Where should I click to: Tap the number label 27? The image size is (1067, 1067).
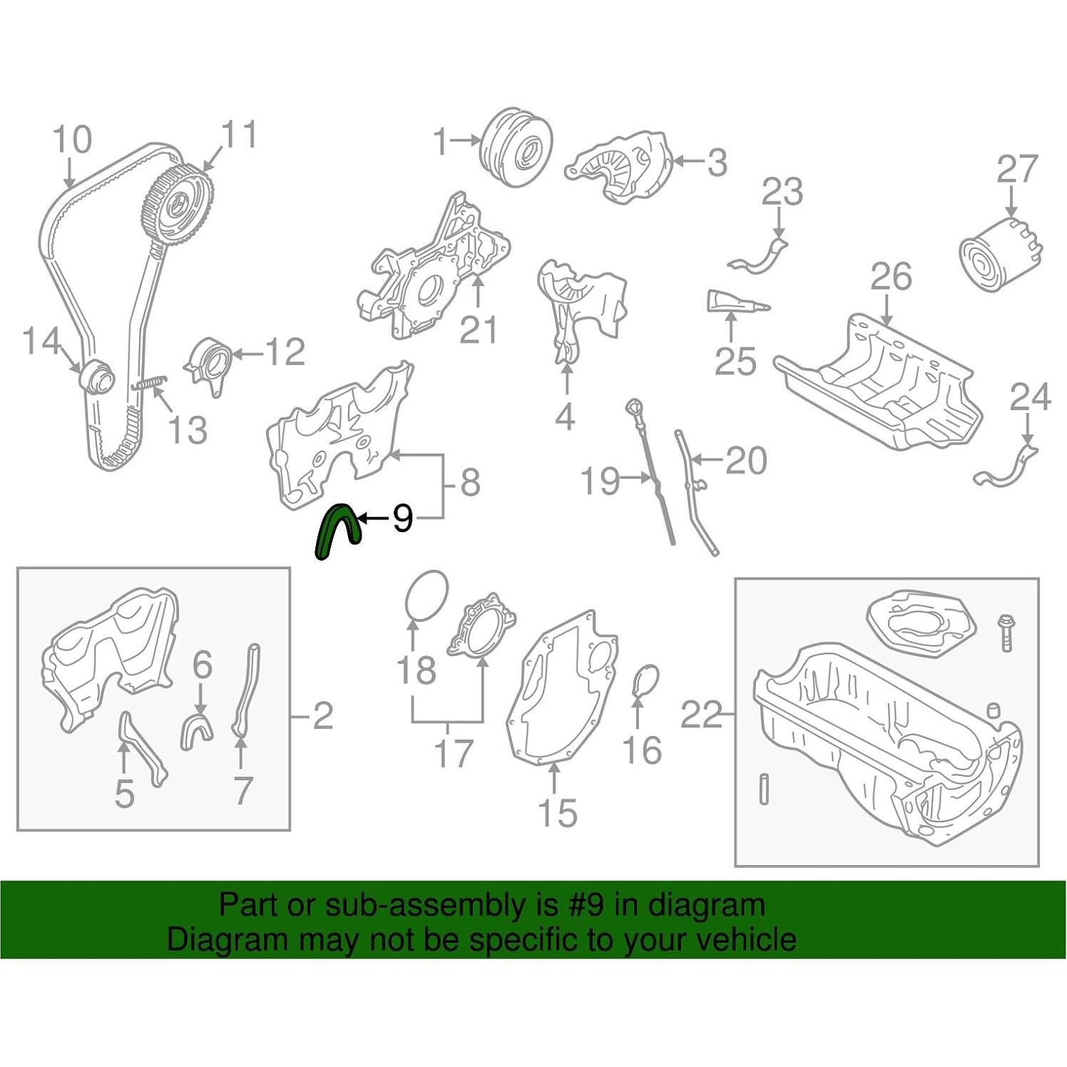coord(1016,170)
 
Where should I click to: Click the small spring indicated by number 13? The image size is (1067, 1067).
coord(149,383)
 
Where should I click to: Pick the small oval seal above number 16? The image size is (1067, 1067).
coord(646,681)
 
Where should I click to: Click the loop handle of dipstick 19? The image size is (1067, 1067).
coord(633,407)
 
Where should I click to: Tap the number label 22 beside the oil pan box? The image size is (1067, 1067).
coord(700,714)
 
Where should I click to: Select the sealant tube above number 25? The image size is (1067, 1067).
coord(735,301)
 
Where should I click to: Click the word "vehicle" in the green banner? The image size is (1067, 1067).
coord(750,939)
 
